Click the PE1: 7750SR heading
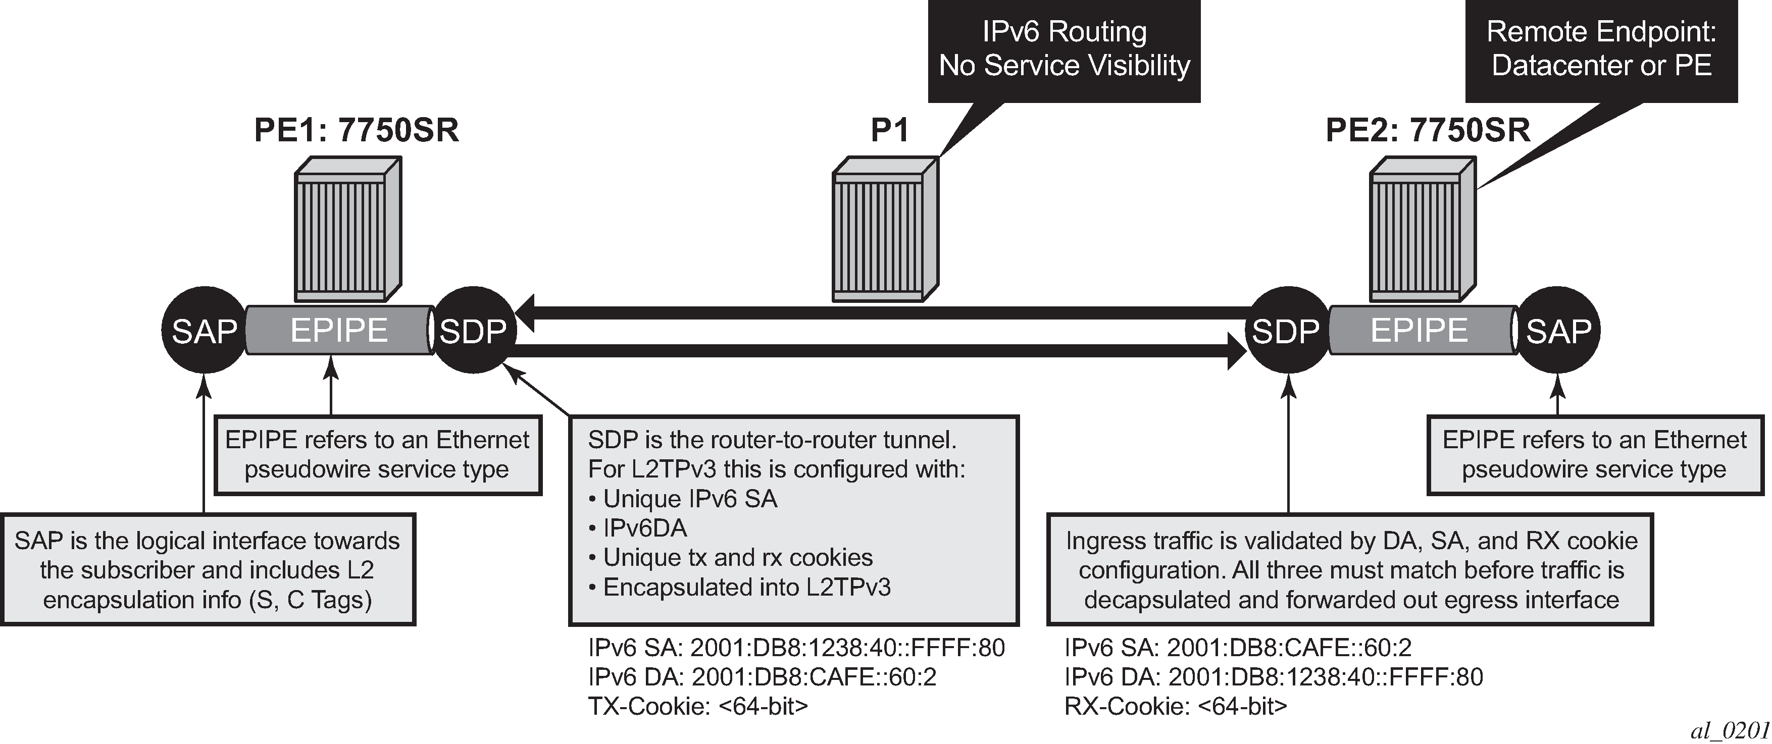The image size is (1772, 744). coord(357,130)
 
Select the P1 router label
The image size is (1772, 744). coord(890,130)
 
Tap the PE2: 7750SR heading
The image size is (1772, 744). coord(1428,130)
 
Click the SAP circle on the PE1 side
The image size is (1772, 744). coord(204,331)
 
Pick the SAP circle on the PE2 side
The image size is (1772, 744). coord(1559,331)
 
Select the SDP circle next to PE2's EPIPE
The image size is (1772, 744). coord(1286,331)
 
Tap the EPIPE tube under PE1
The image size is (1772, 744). coord(338,331)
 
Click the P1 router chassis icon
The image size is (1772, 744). coord(885,229)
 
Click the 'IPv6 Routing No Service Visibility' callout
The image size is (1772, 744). coord(1064,51)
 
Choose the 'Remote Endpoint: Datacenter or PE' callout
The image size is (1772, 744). coord(1601,51)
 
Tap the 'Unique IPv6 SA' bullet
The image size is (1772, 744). coord(683,499)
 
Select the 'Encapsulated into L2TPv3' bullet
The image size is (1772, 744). coord(739,587)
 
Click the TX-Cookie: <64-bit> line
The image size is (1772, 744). coord(698,706)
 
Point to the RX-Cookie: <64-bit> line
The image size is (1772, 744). coord(1176,706)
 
